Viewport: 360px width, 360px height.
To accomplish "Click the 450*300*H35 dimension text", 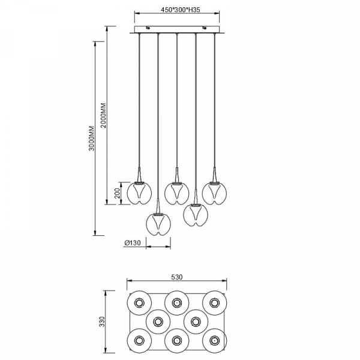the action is click(180, 10).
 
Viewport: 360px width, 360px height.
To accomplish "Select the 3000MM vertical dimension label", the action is click(92, 138).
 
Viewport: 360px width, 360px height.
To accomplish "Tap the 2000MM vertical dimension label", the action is click(104, 115).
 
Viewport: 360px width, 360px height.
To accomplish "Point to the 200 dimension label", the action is click(118, 193).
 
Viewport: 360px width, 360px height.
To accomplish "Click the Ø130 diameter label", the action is click(132, 242).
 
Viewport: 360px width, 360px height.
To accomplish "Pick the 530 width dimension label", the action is click(177, 277).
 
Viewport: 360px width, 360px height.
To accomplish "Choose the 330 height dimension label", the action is click(102, 322).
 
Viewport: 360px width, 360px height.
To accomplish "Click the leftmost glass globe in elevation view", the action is click(139, 193).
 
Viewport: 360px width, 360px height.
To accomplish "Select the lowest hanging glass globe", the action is click(158, 224).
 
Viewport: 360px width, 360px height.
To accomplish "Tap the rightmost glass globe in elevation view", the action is click(214, 193).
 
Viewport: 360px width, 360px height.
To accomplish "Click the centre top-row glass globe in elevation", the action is click(177, 193).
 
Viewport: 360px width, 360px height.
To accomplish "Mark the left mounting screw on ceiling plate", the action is click(148, 28).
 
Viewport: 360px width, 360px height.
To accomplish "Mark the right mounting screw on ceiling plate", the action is click(204, 28).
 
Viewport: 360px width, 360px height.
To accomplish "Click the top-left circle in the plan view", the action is click(139, 303).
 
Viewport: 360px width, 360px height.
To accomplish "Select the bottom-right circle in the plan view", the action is click(214, 340).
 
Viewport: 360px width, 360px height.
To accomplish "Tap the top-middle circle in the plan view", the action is click(176, 303).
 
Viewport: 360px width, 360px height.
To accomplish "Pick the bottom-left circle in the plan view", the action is click(139, 340).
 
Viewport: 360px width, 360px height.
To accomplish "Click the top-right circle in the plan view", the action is click(214, 303).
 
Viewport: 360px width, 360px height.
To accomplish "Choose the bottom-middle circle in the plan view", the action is click(176, 340).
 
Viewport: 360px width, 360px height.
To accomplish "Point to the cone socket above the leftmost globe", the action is click(139, 175).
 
